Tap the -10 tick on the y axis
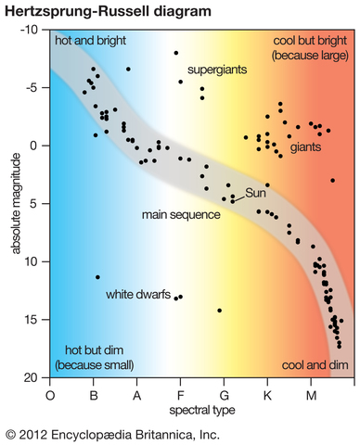pyautogui.click(x=32, y=30)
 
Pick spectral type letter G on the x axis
pyautogui.click(x=224, y=394)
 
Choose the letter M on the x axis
pyautogui.click(x=311, y=394)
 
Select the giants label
pyautogui.click(x=305, y=147)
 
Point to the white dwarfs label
pyautogui.click(x=137, y=296)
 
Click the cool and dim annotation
pyautogui.click(x=314, y=365)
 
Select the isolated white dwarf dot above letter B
pyautogui.click(x=97, y=276)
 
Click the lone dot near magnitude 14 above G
pyautogui.click(x=219, y=311)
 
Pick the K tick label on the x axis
pyautogui.click(x=267, y=394)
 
